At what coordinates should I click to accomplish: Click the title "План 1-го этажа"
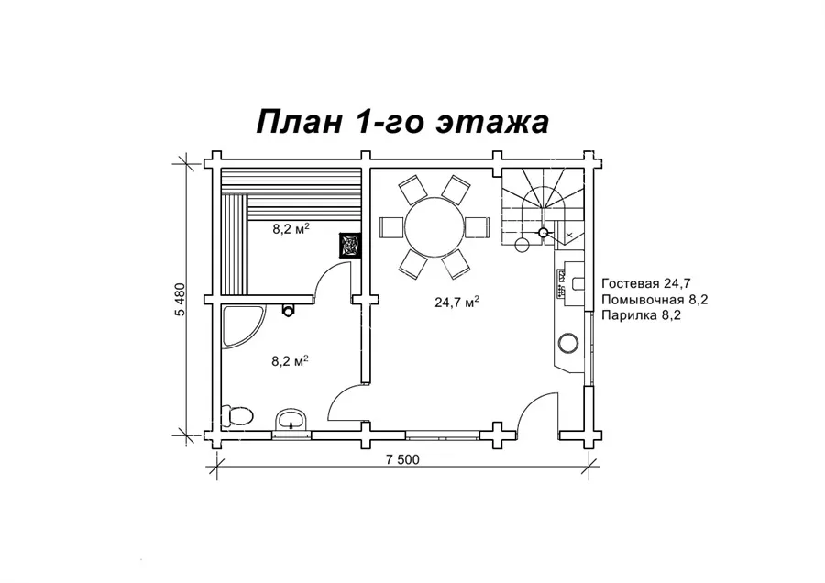coord(402,122)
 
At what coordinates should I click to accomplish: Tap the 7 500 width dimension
coord(402,459)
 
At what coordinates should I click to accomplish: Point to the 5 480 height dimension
coord(181,300)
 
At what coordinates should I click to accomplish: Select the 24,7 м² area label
coord(456,302)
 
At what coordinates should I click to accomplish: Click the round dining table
coord(434,226)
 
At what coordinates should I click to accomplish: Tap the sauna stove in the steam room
coord(349,245)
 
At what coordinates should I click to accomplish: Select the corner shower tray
coord(243,326)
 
